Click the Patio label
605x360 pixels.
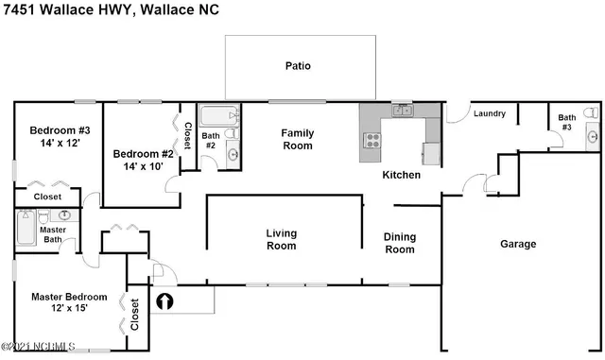(299, 66)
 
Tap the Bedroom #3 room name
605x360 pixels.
(59, 130)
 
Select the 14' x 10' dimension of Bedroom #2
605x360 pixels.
(138, 166)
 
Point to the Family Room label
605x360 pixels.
(298, 139)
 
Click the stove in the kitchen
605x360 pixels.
(372, 142)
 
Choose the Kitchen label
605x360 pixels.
(401, 175)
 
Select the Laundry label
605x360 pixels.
(490, 113)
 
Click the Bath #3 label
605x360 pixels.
(566, 121)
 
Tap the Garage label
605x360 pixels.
(517, 244)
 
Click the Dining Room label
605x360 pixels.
(399, 243)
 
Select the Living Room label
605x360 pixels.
(281, 239)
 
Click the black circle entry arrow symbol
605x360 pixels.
(164, 302)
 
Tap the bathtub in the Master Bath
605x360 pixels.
(26, 228)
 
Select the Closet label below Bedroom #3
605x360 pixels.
(47, 197)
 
